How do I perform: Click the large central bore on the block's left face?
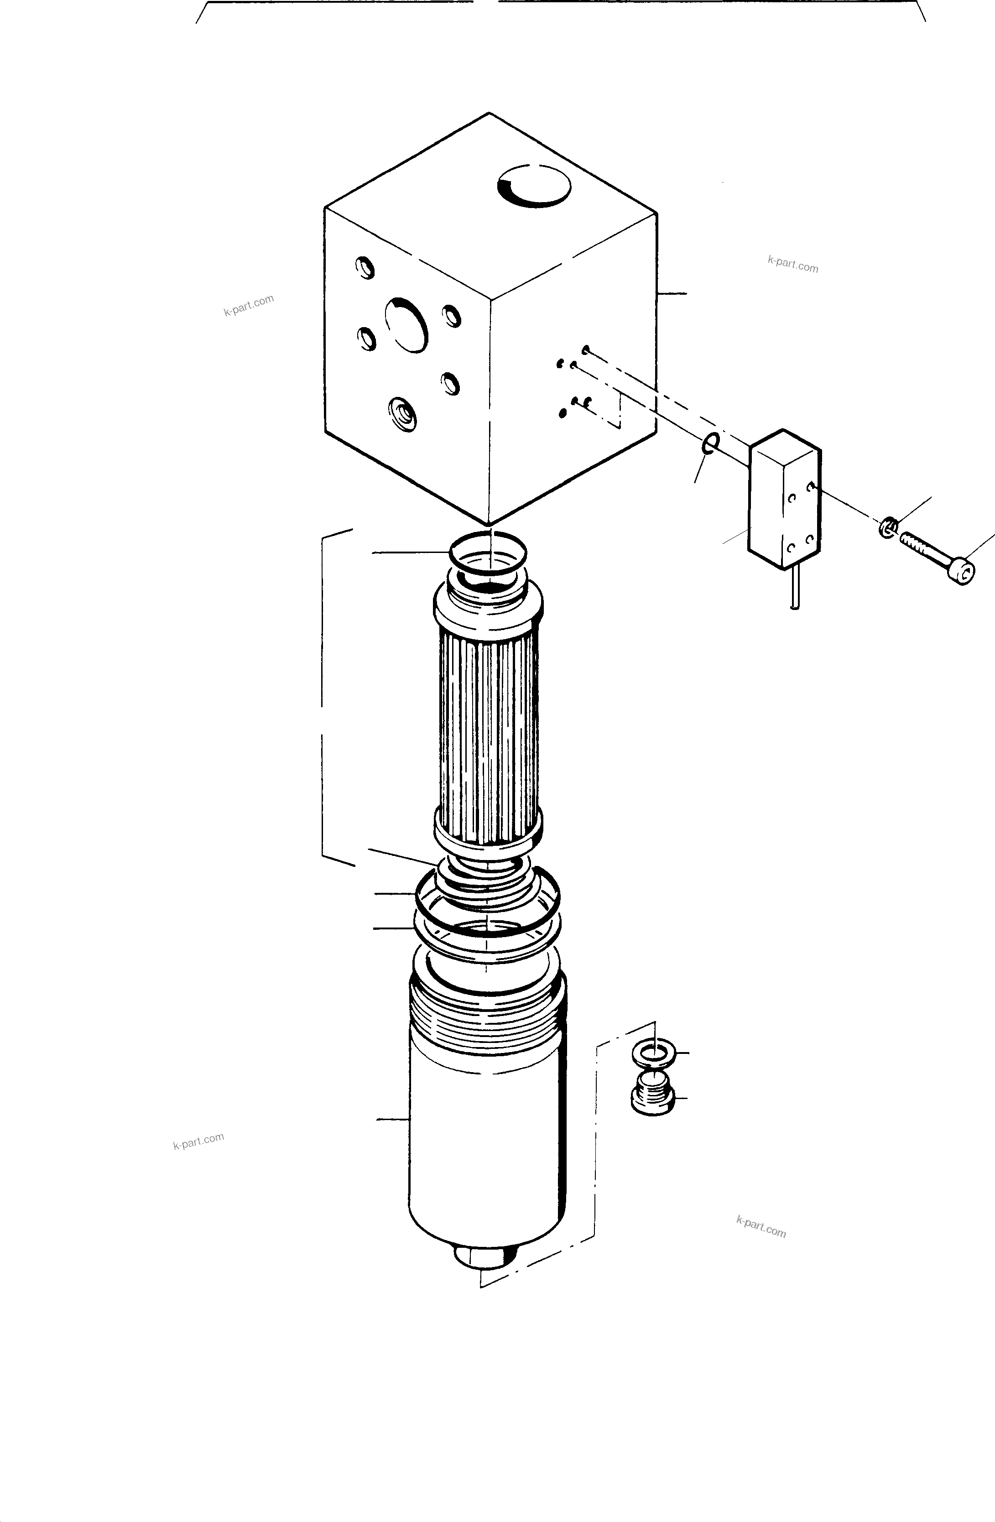pyautogui.click(x=406, y=325)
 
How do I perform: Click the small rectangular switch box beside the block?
pyautogui.click(x=784, y=499)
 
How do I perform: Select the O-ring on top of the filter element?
pyautogui.click(x=489, y=550)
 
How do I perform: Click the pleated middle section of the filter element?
pyautogui.click(x=489, y=729)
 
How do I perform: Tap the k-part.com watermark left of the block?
pyautogui.click(x=249, y=306)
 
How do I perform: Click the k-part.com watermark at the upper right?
pyautogui.click(x=793, y=264)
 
